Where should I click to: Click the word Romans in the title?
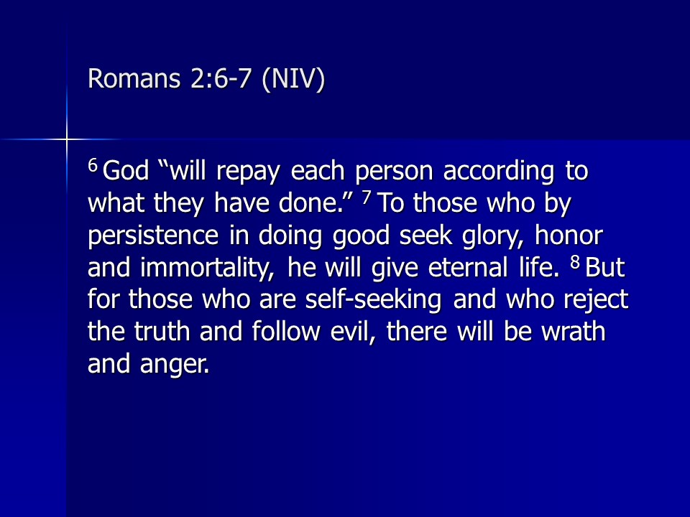[x=134, y=78]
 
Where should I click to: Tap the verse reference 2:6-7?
[x=221, y=78]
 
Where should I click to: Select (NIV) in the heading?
[x=293, y=79]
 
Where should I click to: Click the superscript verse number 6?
[x=93, y=165]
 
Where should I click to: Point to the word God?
[x=126, y=171]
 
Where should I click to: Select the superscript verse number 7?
[x=367, y=198]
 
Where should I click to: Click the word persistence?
[x=153, y=236]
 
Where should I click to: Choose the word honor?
[x=569, y=236]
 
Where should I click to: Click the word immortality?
[x=207, y=268]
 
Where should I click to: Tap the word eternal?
[x=468, y=268]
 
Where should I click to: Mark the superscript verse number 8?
[x=575, y=263]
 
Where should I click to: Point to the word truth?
[x=162, y=332]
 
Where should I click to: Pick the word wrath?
[x=573, y=332]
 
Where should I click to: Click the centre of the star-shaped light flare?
[x=67, y=140]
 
